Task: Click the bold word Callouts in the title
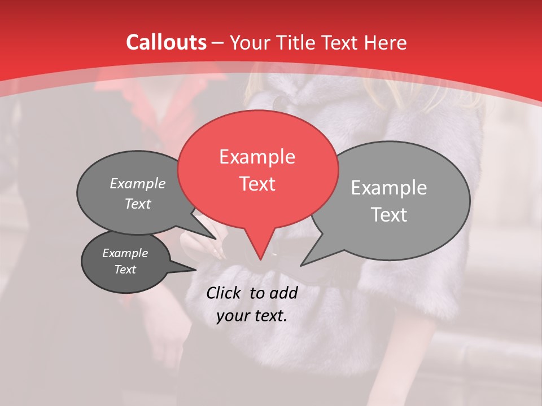tap(166, 42)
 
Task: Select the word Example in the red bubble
tap(257, 157)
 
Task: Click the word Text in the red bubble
tap(257, 184)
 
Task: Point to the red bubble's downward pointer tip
tap(260, 260)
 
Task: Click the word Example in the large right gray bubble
tap(388, 188)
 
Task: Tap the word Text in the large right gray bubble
tap(388, 215)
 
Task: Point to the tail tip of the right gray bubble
tap(300, 265)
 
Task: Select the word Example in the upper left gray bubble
tap(137, 183)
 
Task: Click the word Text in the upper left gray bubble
tap(137, 204)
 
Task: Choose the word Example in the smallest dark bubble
tap(125, 253)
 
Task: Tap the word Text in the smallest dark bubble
tap(125, 270)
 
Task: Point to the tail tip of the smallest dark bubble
tap(196, 270)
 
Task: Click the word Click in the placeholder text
tap(224, 293)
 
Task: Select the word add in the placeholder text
tap(284, 293)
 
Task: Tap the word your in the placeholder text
tap(232, 316)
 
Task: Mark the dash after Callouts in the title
tap(218, 43)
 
